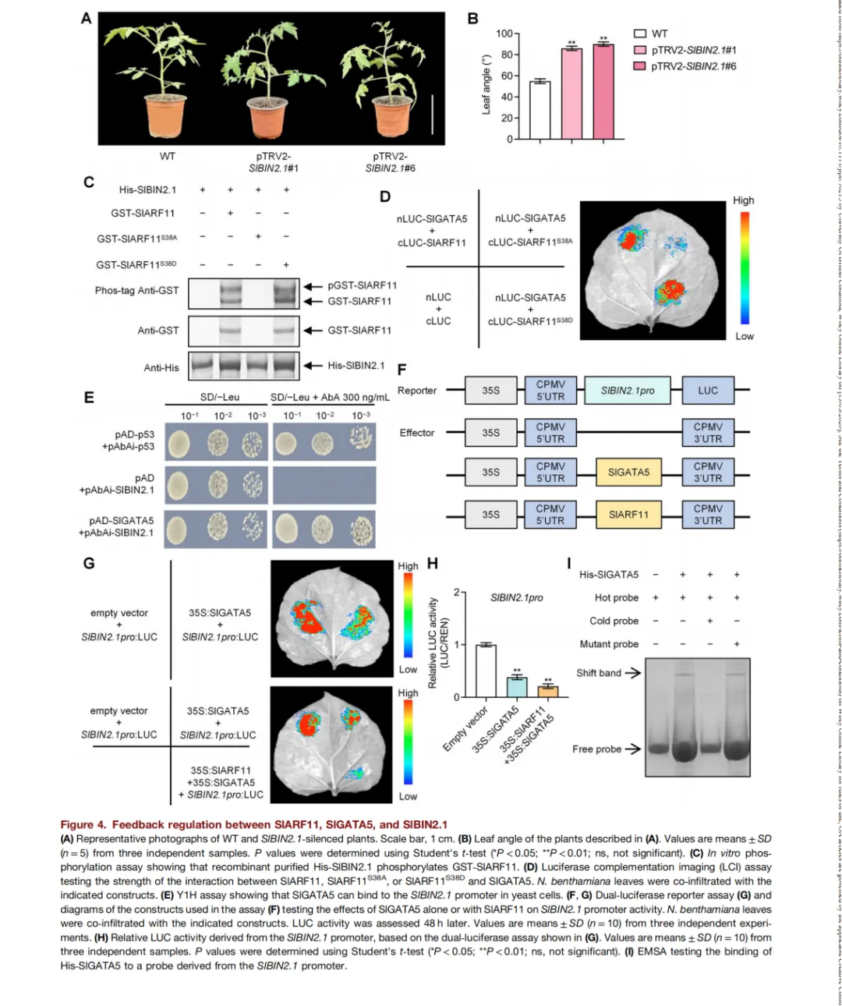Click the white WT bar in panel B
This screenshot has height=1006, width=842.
[540, 110]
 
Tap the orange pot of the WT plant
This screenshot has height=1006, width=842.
[165, 117]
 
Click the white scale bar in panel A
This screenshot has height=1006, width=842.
[432, 114]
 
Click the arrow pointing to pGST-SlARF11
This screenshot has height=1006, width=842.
[313, 286]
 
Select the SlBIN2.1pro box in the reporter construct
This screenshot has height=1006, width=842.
[628, 391]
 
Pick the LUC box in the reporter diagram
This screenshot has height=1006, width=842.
[708, 391]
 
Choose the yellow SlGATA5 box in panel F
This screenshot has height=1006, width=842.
[628, 473]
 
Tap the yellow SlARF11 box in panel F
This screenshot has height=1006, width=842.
[628, 515]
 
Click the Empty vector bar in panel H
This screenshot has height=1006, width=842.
[486, 671]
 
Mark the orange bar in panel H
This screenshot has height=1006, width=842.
[548, 690]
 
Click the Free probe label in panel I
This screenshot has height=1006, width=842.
[596, 749]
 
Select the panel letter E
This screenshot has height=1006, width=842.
[89, 398]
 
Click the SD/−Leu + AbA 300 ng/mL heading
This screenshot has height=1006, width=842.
[330, 398]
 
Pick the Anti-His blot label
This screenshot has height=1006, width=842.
[161, 367]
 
